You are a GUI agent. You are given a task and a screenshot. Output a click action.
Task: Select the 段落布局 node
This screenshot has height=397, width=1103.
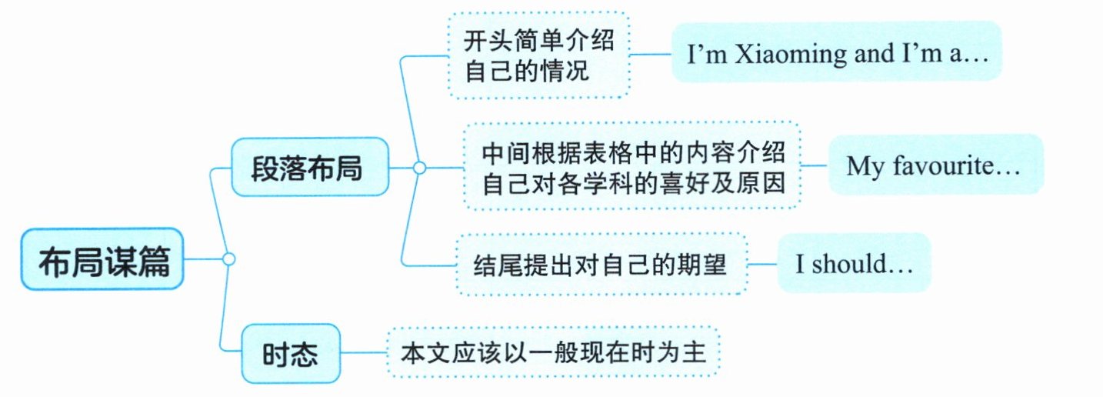point(310,166)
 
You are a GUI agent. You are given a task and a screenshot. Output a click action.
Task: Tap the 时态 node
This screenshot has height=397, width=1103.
point(290,354)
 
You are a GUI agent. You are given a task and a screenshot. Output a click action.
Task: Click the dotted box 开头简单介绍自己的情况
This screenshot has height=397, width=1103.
point(538,55)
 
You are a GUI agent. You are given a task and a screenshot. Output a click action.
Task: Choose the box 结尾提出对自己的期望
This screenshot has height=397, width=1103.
point(601,264)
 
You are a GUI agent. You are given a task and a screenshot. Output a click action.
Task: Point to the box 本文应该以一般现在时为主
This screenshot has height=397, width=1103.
point(553,352)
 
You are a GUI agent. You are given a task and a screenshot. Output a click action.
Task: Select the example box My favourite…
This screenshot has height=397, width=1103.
point(936,165)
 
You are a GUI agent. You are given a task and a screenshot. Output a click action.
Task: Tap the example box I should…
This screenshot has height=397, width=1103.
point(854,264)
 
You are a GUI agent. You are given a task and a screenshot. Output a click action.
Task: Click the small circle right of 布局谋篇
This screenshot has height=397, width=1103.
point(227,259)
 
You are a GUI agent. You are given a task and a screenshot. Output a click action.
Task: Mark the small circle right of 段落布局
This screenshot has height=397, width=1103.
point(419,167)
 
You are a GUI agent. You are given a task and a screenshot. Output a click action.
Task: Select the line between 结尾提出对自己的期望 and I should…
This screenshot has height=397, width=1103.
point(762,264)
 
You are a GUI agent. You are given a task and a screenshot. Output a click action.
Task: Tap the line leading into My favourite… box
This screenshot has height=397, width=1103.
point(814,165)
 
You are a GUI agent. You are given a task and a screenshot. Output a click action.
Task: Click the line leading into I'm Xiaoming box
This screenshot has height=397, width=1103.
point(651,55)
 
